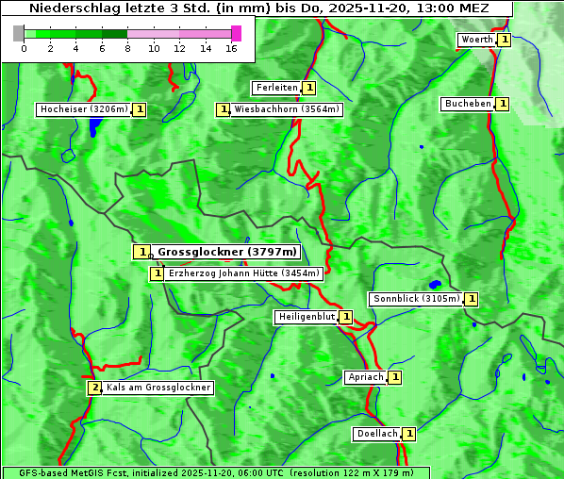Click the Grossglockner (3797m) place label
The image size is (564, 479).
227,252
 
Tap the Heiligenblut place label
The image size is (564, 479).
306,317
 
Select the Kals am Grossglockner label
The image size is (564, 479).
158,388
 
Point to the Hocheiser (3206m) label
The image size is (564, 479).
83,109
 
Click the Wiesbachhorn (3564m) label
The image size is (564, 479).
287,109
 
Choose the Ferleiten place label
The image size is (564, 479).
276,88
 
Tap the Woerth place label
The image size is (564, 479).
476,40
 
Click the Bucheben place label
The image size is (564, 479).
468,104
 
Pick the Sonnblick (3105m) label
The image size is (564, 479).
416,299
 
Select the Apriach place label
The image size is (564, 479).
366,377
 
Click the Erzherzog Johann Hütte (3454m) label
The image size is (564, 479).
243,273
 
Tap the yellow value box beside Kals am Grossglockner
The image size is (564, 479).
94,388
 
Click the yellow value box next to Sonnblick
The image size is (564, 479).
472,299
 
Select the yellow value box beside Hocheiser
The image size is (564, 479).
140,109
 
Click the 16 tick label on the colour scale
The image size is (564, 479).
231,48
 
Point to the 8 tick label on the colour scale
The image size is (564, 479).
127,48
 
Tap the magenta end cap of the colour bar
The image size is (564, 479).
236,33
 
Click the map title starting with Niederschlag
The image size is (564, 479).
257,8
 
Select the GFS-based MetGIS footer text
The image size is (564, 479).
215,472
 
